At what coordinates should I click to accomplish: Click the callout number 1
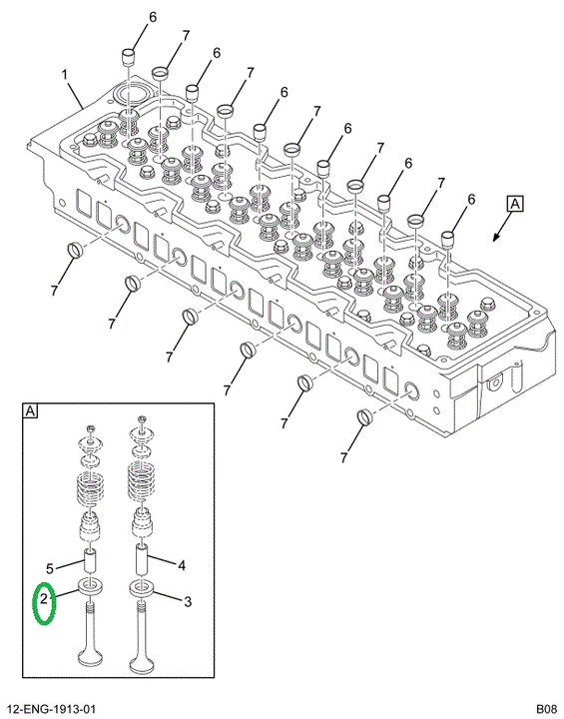tap(65, 74)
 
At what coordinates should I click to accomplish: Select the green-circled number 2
tap(44, 598)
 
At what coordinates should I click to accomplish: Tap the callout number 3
tap(188, 601)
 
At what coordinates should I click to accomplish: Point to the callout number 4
tap(182, 566)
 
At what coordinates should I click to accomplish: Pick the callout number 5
tap(50, 569)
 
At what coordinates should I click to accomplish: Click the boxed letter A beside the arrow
tap(515, 203)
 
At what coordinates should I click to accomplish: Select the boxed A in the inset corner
tap(30, 411)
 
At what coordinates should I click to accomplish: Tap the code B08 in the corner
tap(547, 709)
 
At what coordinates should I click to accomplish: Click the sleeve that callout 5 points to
tap(90, 561)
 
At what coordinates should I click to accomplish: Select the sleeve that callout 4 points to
tap(143, 558)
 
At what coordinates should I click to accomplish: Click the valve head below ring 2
tap(90, 657)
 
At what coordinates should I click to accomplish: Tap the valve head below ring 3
tap(143, 660)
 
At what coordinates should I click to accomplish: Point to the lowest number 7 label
tap(344, 457)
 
